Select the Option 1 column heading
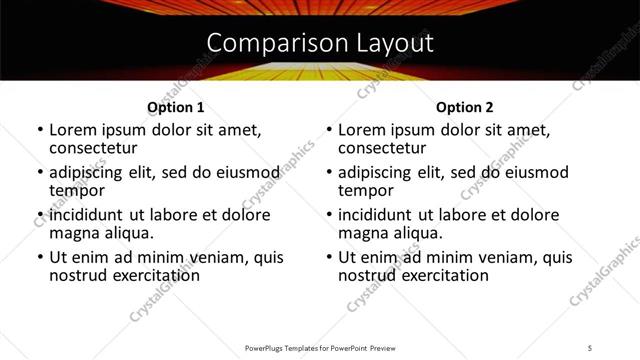[x=175, y=107]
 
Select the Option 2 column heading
[x=465, y=107]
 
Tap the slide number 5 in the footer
[x=590, y=348]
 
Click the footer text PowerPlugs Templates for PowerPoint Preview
[x=319, y=348]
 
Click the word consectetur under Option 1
[x=95, y=148]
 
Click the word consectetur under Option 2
[x=385, y=148]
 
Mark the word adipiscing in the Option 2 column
[x=379, y=172]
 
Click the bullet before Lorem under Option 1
[x=40, y=131]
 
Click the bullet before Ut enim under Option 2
[x=330, y=257]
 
